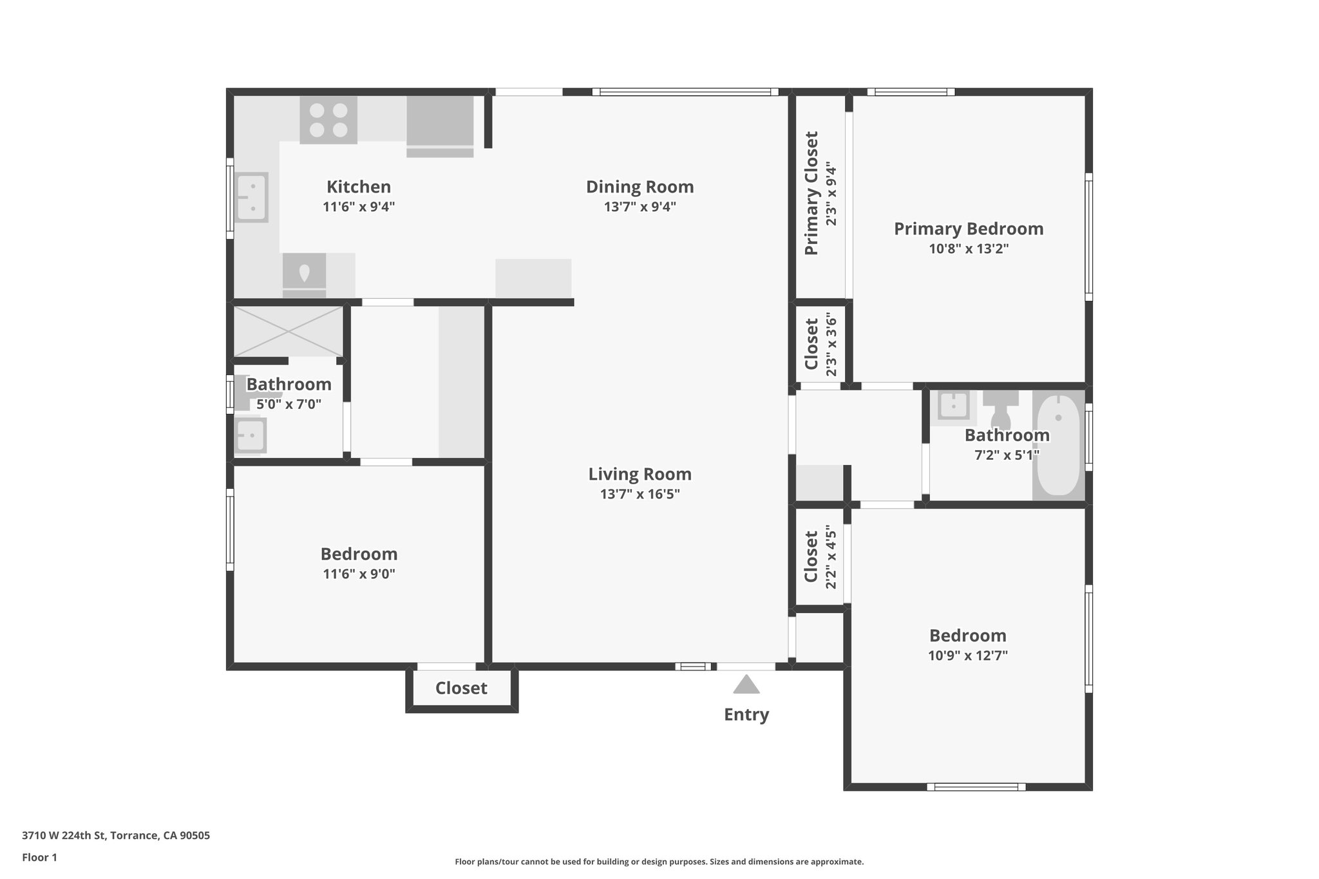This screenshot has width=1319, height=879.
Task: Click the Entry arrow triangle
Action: pyautogui.click(x=746, y=685)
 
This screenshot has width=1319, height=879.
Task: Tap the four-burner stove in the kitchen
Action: pyautogui.click(x=328, y=120)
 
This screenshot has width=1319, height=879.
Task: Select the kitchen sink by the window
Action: pyautogui.click(x=251, y=197)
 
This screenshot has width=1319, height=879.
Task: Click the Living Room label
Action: pyautogui.click(x=640, y=475)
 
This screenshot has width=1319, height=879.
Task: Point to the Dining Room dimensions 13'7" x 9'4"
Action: pyautogui.click(x=640, y=207)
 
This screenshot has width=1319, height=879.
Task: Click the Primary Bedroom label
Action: pyautogui.click(x=968, y=229)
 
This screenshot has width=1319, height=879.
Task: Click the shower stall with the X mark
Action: pyautogui.click(x=288, y=331)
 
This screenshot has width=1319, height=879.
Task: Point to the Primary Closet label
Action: pyautogui.click(x=811, y=193)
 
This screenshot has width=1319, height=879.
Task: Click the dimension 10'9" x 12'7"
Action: pyautogui.click(x=967, y=656)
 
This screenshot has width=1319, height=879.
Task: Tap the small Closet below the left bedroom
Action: pyautogui.click(x=461, y=688)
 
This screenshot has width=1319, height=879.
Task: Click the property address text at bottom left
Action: pyautogui.click(x=116, y=836)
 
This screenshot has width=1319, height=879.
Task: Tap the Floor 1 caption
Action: pyautogui.click(x=40, y=857)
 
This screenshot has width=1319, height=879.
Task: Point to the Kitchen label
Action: pyautogui.click(x=359, y=187)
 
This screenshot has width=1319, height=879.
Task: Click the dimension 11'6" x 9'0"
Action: pyautogui.click(x=359, y=574)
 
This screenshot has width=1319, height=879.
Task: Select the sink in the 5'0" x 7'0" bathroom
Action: pyautogui.click(x=250, y=436)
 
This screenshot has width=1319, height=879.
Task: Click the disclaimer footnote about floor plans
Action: pyautogui.click(x=659, y=862)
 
